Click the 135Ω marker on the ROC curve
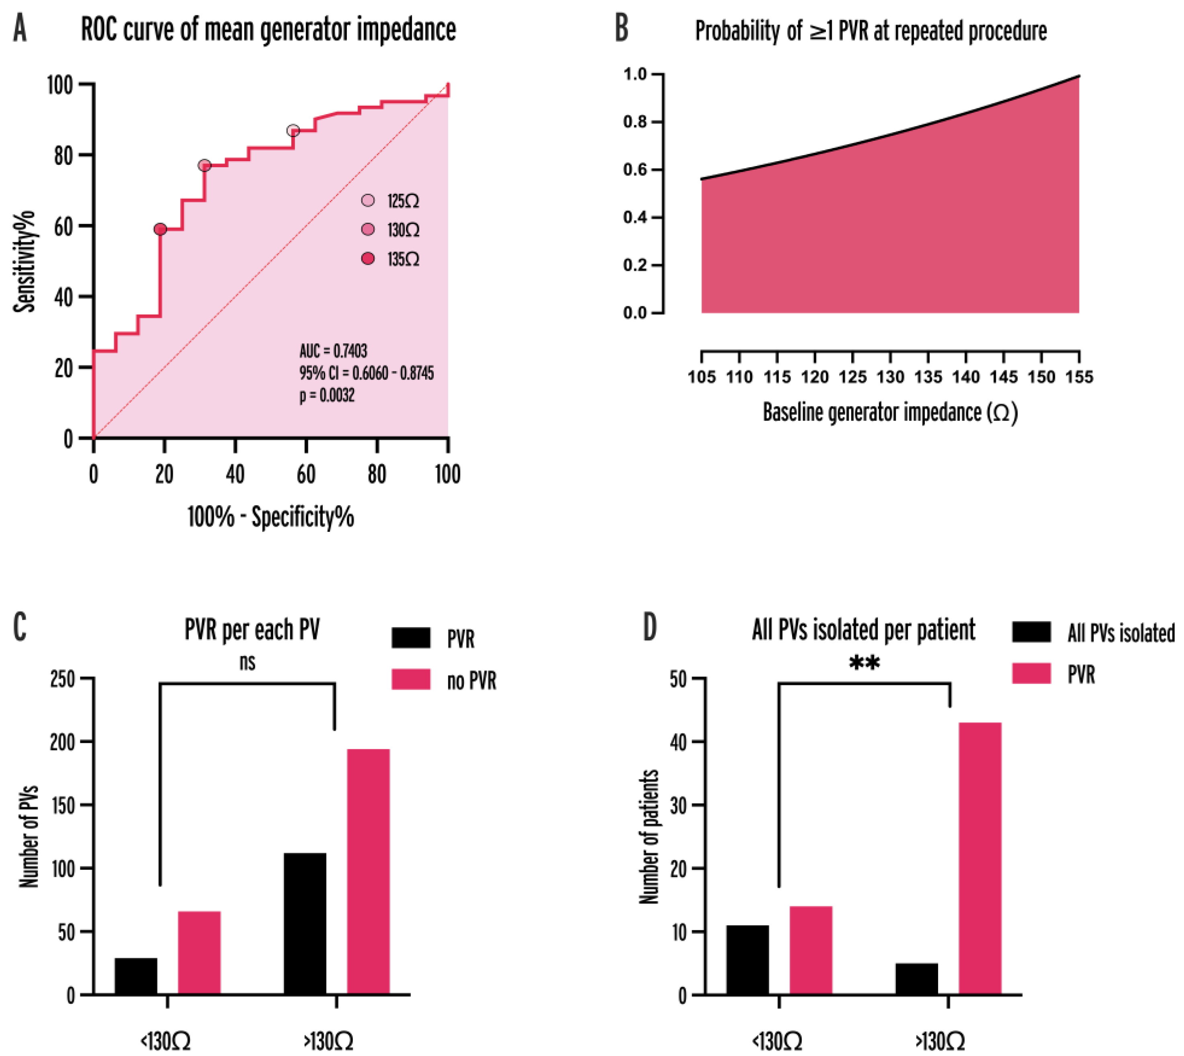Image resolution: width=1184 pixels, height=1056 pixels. (160, 229)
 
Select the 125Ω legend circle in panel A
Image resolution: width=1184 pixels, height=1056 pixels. (368, 201)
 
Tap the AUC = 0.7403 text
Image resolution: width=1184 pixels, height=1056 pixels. (333, 351)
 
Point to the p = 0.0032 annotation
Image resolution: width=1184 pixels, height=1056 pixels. (327, 396)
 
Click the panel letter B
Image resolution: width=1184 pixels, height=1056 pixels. (621, 29)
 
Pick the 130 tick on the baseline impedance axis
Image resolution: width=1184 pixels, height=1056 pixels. (890, 377)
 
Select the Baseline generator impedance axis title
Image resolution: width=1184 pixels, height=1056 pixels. (890, 412)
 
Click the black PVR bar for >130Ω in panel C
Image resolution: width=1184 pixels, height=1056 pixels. (305, 924)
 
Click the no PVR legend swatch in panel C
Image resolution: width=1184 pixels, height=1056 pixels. (411, 679)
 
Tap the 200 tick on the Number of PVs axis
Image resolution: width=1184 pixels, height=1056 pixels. (62, 742)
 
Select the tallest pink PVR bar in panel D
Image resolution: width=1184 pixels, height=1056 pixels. (980, 859)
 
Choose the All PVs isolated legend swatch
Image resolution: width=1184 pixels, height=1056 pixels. (1031, 632)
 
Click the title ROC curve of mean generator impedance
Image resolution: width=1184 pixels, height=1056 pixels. (268, 30)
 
